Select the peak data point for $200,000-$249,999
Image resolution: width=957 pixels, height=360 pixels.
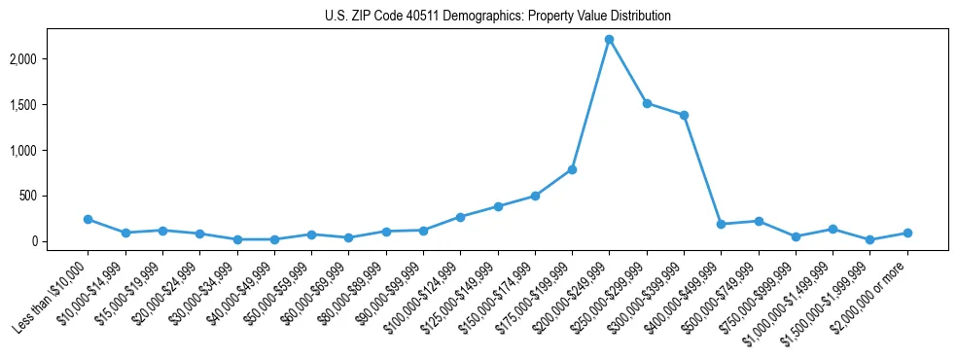609,39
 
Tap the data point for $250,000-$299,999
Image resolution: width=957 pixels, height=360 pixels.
647,103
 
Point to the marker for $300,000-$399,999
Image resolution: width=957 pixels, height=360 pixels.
684,115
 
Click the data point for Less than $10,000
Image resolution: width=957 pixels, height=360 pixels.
89,219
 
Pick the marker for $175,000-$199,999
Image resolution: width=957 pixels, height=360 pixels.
572,169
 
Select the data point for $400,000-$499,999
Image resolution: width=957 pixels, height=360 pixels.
721,224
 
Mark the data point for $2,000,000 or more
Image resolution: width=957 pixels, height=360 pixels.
906,233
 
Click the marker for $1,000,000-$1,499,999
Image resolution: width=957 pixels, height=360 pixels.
833,229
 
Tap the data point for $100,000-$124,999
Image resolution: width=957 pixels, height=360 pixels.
460,217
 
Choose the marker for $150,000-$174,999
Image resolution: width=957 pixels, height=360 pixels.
535,196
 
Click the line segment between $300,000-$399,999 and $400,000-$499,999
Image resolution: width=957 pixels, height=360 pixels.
702,169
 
